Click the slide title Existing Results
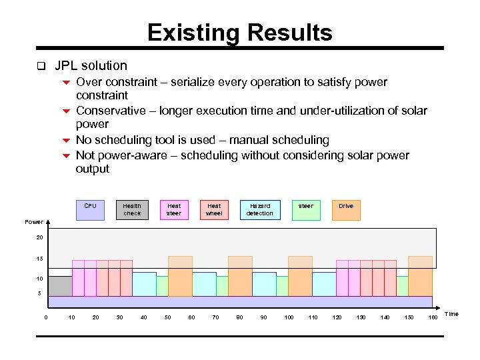tap(239, 33)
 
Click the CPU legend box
tap(90, 209)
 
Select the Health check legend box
tap(132, 209)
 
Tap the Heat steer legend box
tap(174, 209)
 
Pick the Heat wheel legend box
tap(214, 209)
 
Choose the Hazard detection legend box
tap(259, 209)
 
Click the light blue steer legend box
tap(305, 209)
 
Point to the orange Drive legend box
tap(346, 209)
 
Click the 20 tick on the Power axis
tap(39, 237)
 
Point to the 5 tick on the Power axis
tap(39, 293)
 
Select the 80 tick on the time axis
tap(239, 317)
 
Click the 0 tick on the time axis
tap(45, 317)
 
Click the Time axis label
tap(451, 314)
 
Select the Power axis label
tap(34, 222)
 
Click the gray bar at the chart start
tap(60, 286)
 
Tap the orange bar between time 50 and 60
tap(180, 276)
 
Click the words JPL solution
tap(91, 65)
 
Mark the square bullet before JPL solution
tap(41, 66)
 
